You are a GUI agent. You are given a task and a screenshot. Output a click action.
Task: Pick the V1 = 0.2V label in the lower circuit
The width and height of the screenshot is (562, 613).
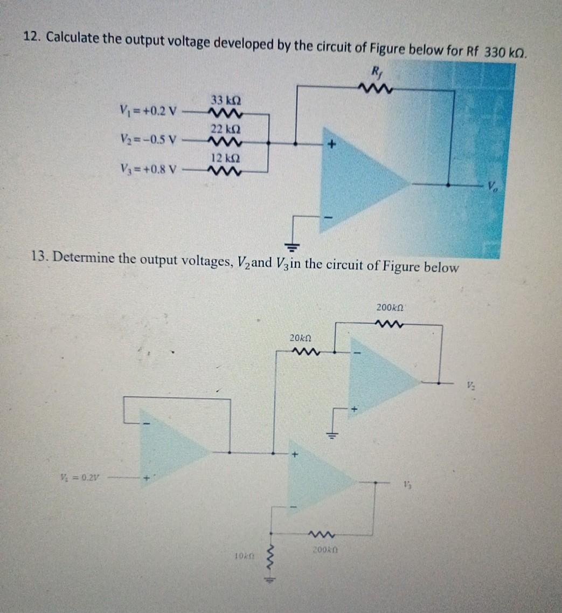coord(83,477)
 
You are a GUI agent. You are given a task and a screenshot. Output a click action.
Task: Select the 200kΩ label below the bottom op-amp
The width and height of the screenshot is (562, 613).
coord(324,550)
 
